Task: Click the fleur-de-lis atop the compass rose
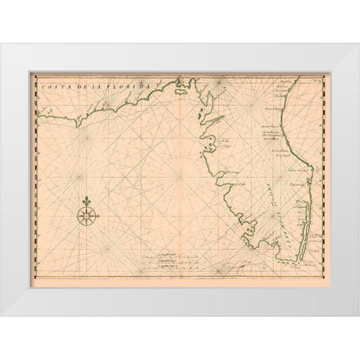click(87, 202)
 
